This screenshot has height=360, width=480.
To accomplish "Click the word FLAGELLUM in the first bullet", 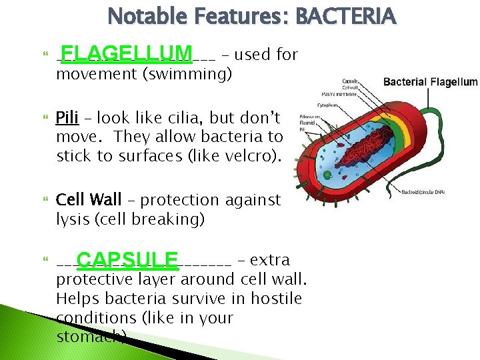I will pos(125,53).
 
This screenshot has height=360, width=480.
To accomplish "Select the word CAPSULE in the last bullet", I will pos(127,259).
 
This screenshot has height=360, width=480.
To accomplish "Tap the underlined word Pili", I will pos(67,119).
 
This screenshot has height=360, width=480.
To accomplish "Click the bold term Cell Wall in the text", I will pos(89,200).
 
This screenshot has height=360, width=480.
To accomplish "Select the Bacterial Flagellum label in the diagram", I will pos(430,82).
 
